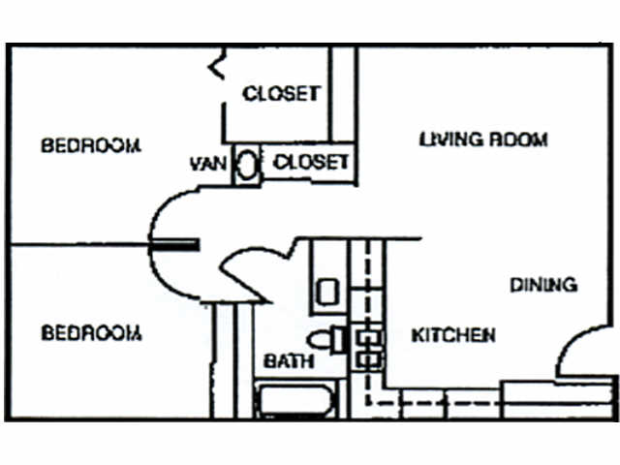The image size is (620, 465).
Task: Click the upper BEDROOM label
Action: tap(91, 145)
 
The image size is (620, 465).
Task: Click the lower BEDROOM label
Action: tap(91, 333)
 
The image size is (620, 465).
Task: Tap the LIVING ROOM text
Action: tap(483, 139)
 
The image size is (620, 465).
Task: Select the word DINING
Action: tap(543, 285)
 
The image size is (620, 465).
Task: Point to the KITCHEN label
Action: tap(453, 335)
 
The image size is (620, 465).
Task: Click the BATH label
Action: tap(289, 361)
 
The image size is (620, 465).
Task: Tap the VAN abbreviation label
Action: tap(208, 164)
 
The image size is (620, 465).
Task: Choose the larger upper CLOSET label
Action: tap(280, 94)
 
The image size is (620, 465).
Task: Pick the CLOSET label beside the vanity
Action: tap(310, 163)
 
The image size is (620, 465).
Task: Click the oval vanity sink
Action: tap(246, 165)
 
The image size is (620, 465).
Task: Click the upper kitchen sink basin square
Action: tap(368, 337)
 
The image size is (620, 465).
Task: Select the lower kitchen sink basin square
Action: tap(368, 359)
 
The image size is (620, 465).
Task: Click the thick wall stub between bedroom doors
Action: tap(174, 244)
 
